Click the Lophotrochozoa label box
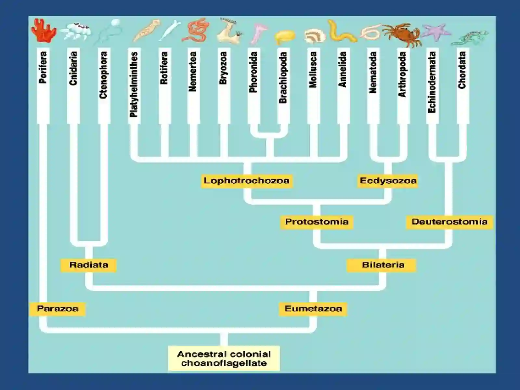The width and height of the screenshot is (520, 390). pos(247,181)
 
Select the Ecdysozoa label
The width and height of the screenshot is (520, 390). pos(388,181)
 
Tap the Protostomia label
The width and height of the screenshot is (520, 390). pos(317,222)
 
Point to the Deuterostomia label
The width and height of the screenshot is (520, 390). pos(449,222)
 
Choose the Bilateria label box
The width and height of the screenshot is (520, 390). pos(382,265)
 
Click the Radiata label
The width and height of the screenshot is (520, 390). pos(89,265)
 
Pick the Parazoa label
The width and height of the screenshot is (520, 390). pos(58,309)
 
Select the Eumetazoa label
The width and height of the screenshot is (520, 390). pos(313,309)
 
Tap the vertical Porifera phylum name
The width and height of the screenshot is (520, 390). pos(43,68)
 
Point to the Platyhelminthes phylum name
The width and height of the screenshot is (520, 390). pos(134,84)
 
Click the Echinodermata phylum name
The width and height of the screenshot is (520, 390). pos(432,82)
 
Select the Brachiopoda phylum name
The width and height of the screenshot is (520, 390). pos(283,77)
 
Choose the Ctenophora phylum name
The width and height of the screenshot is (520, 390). pos(104,75)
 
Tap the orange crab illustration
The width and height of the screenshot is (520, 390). pos(402,35)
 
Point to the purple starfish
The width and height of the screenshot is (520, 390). pos(436,32)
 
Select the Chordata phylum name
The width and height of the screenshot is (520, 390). pos(462,70)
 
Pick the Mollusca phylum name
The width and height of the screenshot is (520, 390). pos(313,70)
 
